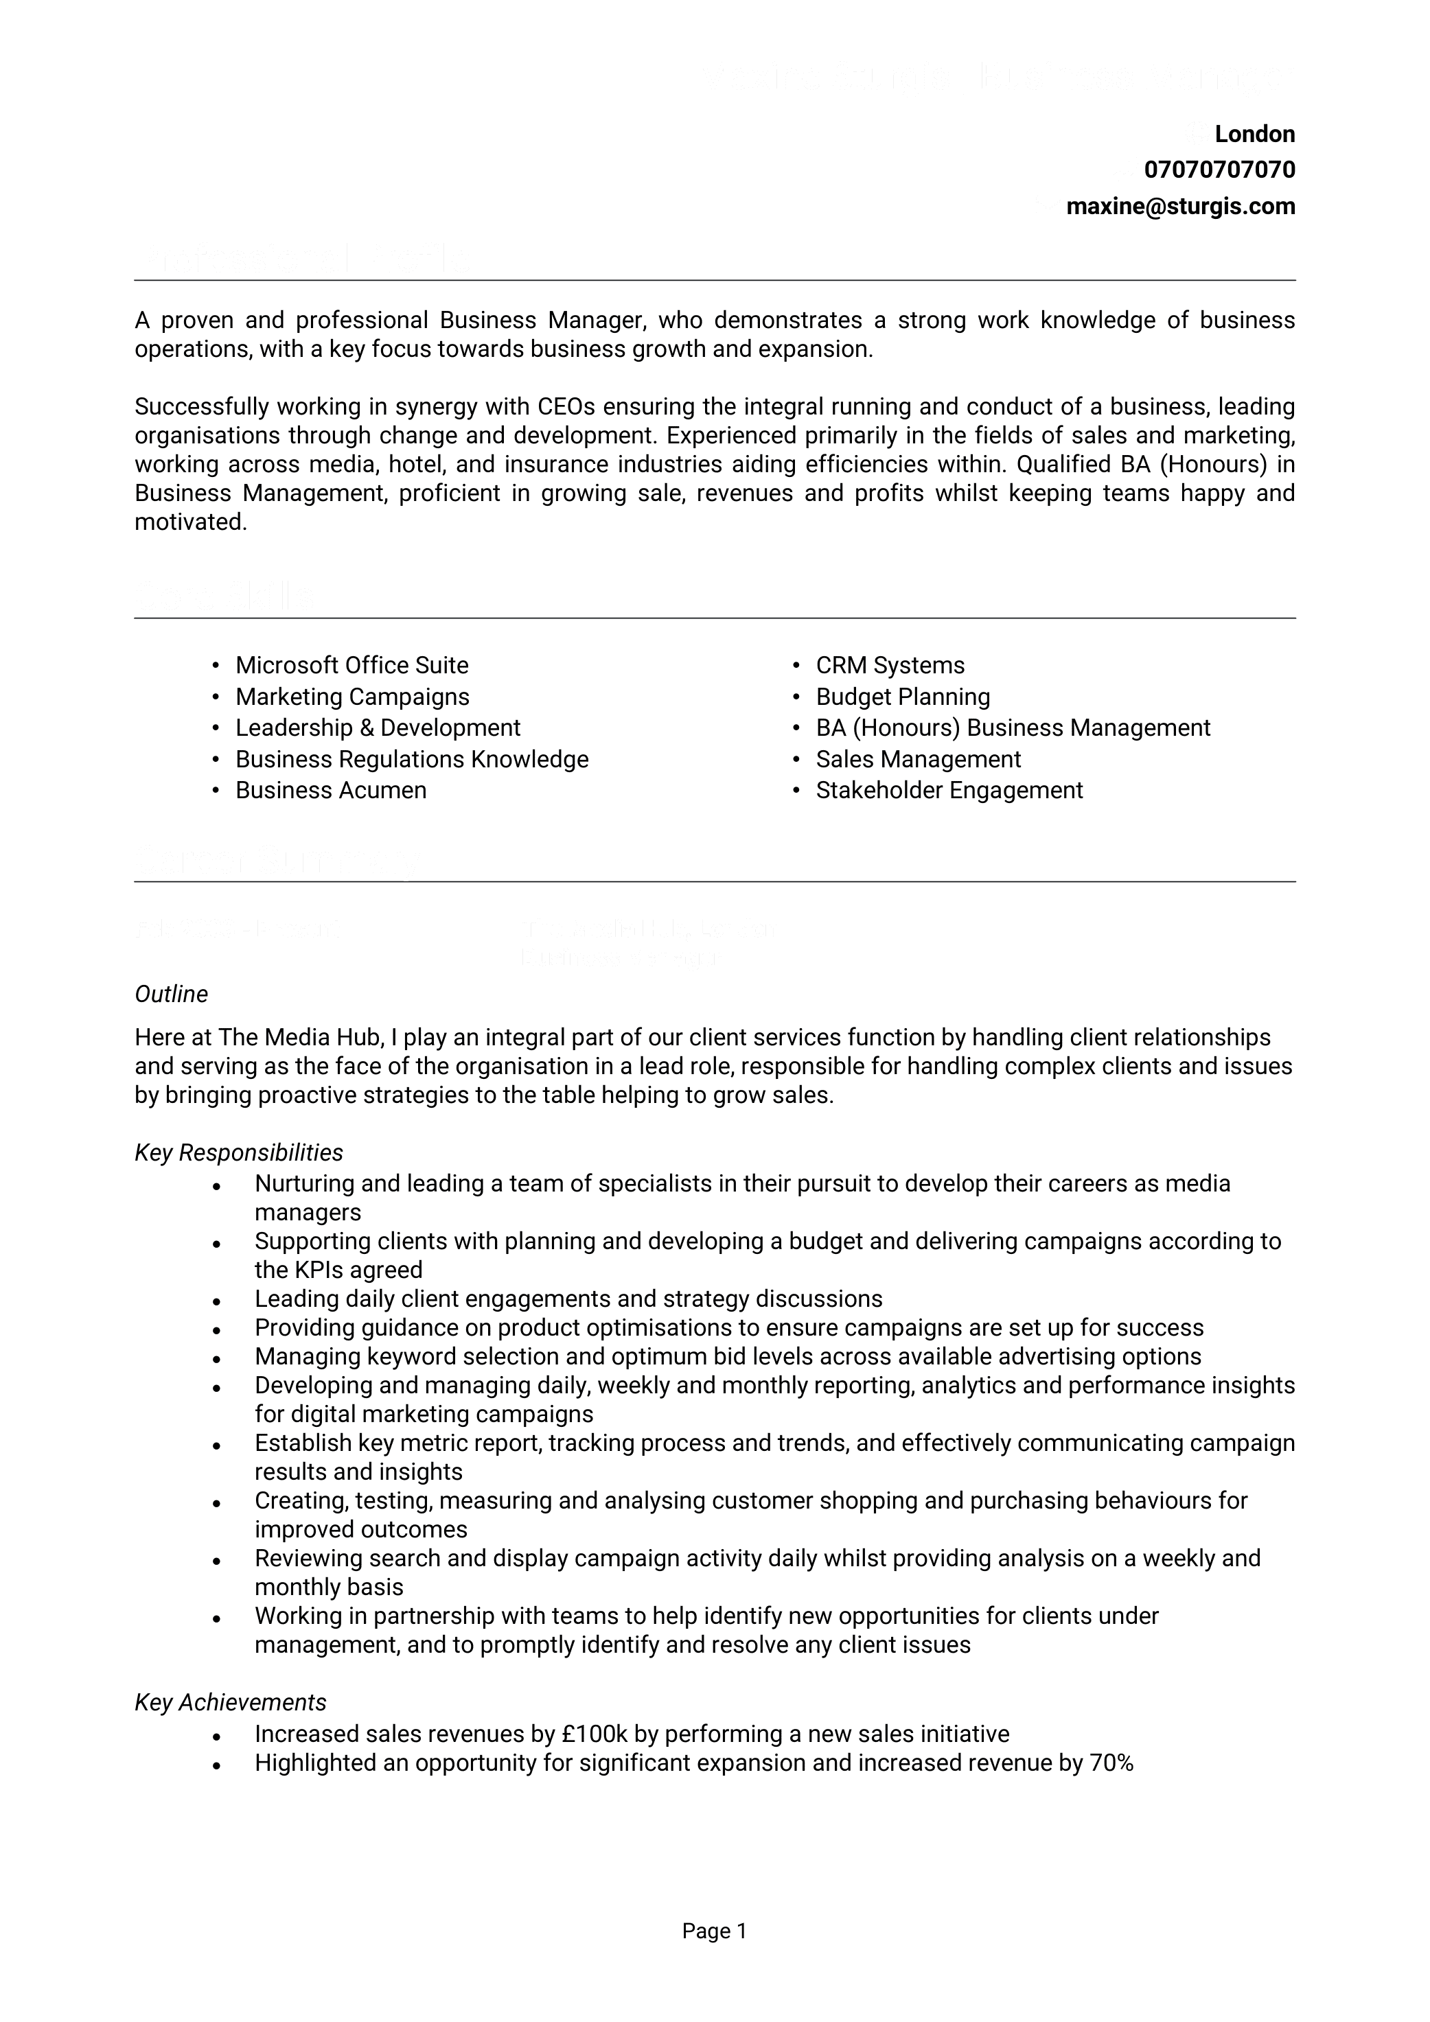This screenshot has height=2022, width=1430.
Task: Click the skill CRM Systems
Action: pyautogui.click(x=890, y=665)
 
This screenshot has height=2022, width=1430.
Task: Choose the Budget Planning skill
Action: pyautogui.click(x=902, y=697)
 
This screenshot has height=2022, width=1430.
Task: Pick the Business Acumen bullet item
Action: pyautogui.click(x=330, y=790)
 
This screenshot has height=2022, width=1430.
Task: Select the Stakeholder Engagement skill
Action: pyautogui.click(x=949, y=790)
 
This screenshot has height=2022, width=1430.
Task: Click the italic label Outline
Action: pyautogui.click(x=171, y=995)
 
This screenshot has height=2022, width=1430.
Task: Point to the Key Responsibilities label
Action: pyautogui.click(x=239, y=1153)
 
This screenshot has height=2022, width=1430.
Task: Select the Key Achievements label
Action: pyautogui.click(x=230, y=1702)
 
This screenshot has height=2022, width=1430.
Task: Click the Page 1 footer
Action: pyautogui.click(x=715, y=1931)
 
